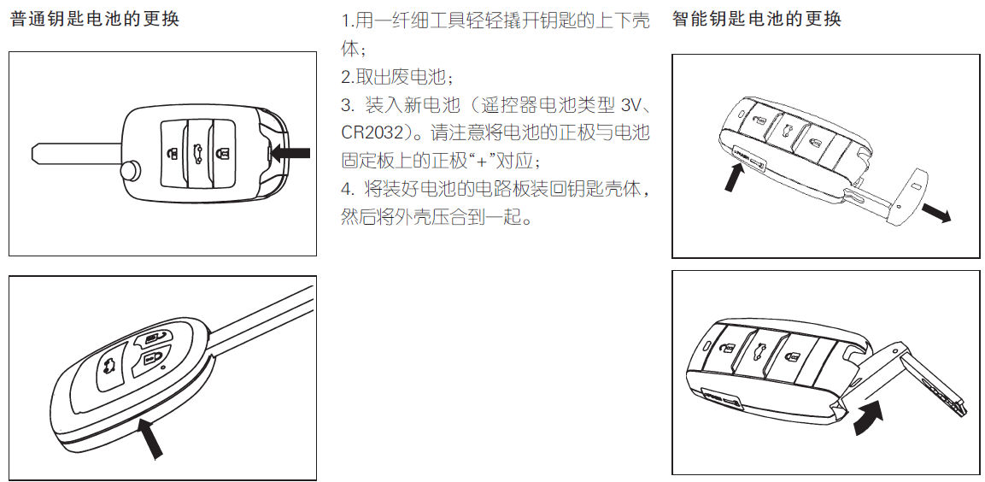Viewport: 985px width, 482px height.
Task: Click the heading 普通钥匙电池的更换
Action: click(x=95, y=19)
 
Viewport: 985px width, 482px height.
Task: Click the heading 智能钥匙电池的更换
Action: click(x=756, y=19)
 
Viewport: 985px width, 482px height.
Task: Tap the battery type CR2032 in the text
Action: click(x=372, y=133)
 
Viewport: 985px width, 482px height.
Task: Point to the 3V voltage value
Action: click(x=630, y=106)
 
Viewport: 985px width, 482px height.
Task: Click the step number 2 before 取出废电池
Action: click(x=345, y=77)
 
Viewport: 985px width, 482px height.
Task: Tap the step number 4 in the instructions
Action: click(x=345, y=189)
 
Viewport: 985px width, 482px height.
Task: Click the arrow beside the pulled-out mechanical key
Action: click(x=936, y=213)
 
